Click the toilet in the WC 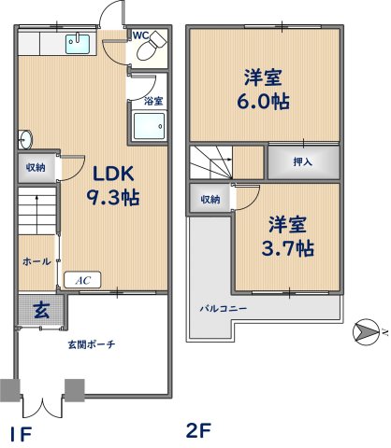coord(151,47)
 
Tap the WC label coord(141,35)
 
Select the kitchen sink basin coord(78,44)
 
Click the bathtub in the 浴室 coord(149,126)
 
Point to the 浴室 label coord(153,101)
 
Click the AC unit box coord(82,280)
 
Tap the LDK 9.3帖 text coord(113,186)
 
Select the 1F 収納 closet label coord(36,168)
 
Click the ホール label coord(36,261)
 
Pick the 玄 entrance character coord(41,310)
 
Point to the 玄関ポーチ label coord(92,344)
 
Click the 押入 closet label coord(302,161)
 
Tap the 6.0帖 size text coord(264,102)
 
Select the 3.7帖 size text coord(287,248)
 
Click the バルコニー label coord(224,309)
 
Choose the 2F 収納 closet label coord(210,200)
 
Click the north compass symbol coord(367,331)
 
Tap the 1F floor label coord(21,434)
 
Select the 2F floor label coord(198,430)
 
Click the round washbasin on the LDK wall coord(25,139)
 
